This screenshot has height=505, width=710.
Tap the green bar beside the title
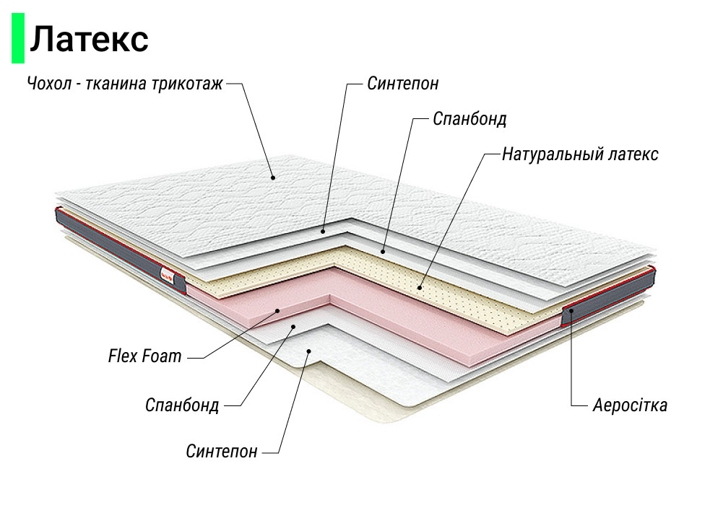[18, 39]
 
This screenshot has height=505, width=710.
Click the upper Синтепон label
[402, 83]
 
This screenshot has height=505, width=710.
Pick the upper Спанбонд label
[469, 118]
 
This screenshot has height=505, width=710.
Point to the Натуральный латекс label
[579, 154]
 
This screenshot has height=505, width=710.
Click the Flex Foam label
[144, 356]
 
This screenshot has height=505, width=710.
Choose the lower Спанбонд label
[181, 405]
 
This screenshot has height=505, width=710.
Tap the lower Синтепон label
[221, 452]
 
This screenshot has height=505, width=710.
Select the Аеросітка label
[629, 405]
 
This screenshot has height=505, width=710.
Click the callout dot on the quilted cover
[272, 177]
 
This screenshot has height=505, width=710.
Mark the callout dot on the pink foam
[278, 309]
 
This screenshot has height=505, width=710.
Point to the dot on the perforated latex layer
[420, 286]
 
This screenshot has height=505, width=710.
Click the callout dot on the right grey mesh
[571, 311]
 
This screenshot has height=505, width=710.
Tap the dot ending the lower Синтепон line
[308, 351]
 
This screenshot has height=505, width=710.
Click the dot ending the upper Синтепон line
[324, 231]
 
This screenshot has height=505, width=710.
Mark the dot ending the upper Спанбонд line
[383, 250]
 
